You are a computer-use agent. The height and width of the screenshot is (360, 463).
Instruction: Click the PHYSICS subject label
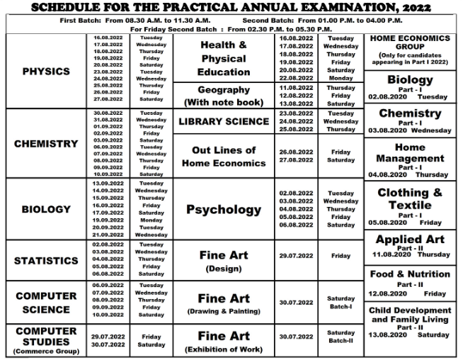46,72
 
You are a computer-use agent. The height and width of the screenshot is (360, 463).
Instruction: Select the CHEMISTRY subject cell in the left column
46,144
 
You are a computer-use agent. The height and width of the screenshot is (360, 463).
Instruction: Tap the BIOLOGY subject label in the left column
46,209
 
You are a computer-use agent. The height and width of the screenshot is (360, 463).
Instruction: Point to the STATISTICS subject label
46,261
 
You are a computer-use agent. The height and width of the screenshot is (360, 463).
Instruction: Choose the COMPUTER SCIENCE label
46,303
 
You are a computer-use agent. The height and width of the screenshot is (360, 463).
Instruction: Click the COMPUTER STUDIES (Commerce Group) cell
46,340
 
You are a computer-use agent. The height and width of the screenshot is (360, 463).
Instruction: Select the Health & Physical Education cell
224,58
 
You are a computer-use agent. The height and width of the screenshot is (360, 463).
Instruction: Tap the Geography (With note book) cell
224,96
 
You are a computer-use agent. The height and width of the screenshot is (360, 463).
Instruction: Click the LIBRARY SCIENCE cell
224,121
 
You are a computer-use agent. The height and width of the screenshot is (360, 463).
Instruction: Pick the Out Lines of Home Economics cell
224,157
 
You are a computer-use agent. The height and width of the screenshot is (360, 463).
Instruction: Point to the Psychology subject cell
224,210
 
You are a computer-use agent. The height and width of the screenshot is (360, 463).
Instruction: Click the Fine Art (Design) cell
224,261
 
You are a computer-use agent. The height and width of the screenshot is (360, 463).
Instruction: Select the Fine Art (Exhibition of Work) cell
224,341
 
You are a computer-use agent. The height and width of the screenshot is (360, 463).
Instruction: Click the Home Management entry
411,158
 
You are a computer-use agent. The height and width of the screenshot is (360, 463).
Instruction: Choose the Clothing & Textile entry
411,203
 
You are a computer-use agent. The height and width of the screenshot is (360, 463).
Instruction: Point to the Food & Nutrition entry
411,274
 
